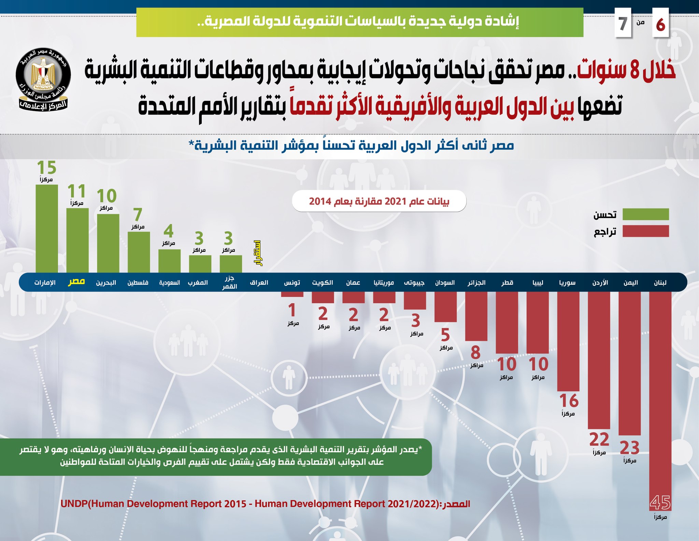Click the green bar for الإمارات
[47, 229]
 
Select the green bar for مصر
[77, 240]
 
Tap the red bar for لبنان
[660, 392]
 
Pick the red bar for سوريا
[568, 341]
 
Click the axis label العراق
[259, 282]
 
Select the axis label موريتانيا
[384, 282]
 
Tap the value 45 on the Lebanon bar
[660, 502]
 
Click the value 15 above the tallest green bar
[46, 168]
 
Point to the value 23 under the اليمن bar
[629, 448]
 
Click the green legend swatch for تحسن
[645, 214]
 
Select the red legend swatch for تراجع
[645, 231]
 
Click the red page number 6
[660, 25]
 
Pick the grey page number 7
[623, 24]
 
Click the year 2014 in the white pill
[320, 202]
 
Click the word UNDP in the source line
[74, 504]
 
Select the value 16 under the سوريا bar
[569, 401]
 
